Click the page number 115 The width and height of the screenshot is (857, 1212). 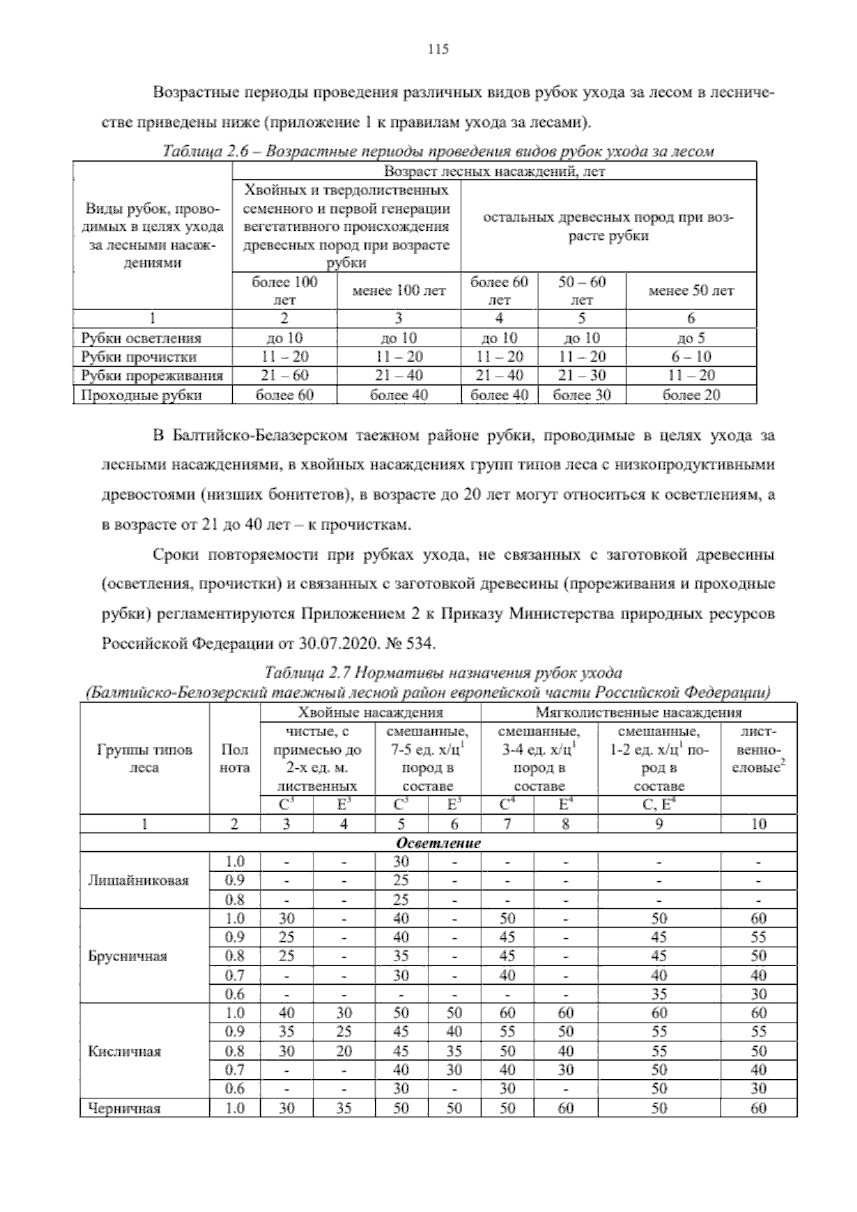pyautogui.click(x=437, y=49)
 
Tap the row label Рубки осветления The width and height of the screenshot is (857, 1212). pyautogui.click(x=141, y=338)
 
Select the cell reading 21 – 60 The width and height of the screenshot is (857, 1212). pyautogui.click(x=284, y=376)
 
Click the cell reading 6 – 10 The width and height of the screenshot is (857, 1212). pyautogui.click(x=691, y=357)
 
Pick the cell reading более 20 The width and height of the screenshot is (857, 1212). pyautogui.click(x=691, y=394)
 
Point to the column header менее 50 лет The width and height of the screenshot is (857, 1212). pyautogui.click(x=691, y=291)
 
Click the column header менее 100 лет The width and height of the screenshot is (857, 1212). pyautogui.click(x=399, y=291)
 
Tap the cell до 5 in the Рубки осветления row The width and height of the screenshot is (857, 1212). pyautogui.click(x=691, y=338)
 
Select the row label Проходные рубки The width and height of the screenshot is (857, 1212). pyautogui.click(x=141, y=395)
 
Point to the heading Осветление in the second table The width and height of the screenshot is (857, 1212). pyautogui.click(x=438, y=843)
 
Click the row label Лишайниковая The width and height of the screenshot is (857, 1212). pyautogui.click(x=138, y=880)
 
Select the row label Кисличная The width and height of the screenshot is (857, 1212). pyautogui.click(x=124, y=1051)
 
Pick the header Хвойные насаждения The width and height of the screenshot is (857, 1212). pyautogui.click(x=370, y=712)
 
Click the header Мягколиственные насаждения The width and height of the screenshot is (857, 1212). pyautogui.click(x=638, y=712)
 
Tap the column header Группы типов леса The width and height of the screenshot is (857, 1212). pyautogui.click(x=144, y=759)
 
